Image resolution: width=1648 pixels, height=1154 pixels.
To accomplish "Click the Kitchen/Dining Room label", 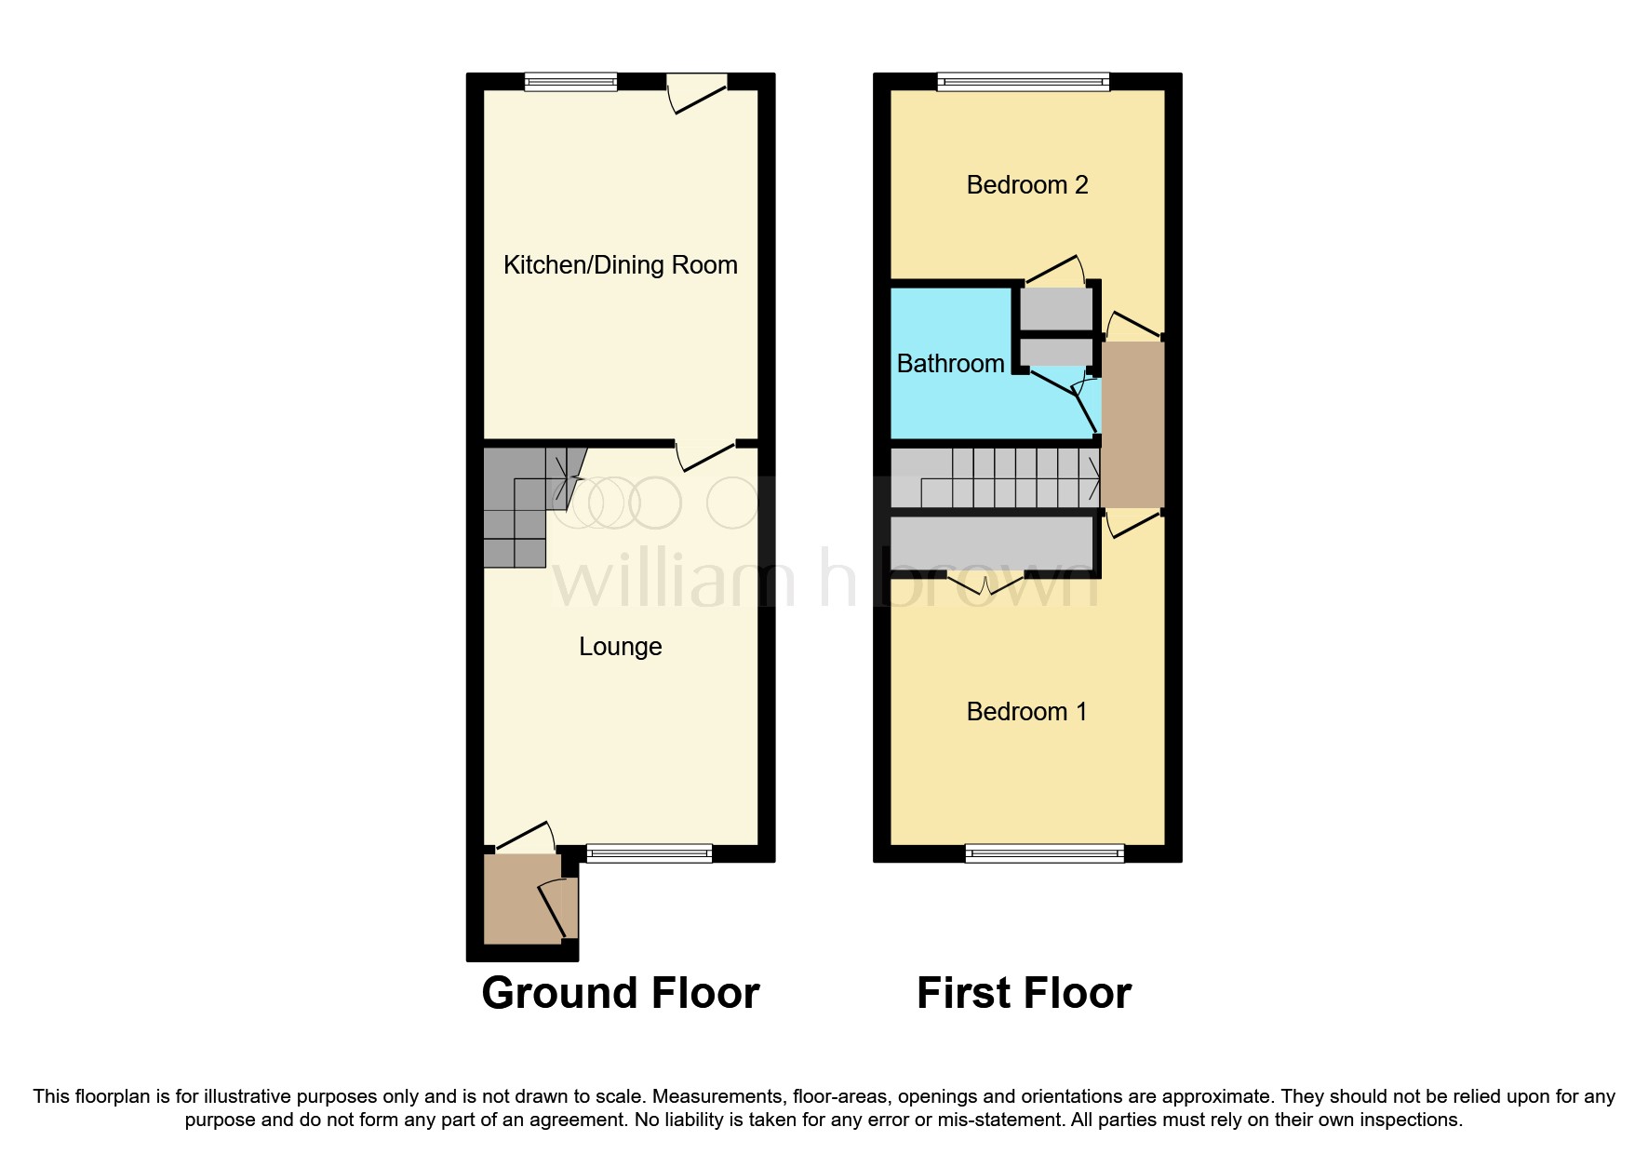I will [x=620, y=265].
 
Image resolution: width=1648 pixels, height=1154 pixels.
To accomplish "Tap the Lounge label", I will [x=620, y=647].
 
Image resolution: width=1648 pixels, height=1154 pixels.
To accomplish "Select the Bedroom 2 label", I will [x=1026, y=185].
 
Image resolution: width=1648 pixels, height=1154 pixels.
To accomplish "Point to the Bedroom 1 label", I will [x=1026, y=712].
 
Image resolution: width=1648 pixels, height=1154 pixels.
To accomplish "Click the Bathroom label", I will [x=950, y=364].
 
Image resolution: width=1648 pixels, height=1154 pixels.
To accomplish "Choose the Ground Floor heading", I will [x=620, y=993].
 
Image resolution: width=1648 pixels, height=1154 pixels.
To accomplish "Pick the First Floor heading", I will [x=1024, y=993].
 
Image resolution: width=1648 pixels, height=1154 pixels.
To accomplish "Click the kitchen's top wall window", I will [x=570, y=82].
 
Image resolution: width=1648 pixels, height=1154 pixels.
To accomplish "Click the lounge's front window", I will [x=649, y=852].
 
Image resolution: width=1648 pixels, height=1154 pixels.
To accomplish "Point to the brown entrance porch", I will [x=521, y=899].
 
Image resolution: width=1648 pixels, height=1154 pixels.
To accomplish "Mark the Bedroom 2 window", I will [x=1024, y=82].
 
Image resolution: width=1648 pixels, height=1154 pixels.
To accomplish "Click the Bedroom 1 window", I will [x=1044, y=852].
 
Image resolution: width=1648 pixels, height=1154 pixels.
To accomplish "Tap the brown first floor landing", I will [x=1132, y=424].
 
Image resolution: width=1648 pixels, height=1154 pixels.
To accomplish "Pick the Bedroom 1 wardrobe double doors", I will [x=986, y=583].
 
